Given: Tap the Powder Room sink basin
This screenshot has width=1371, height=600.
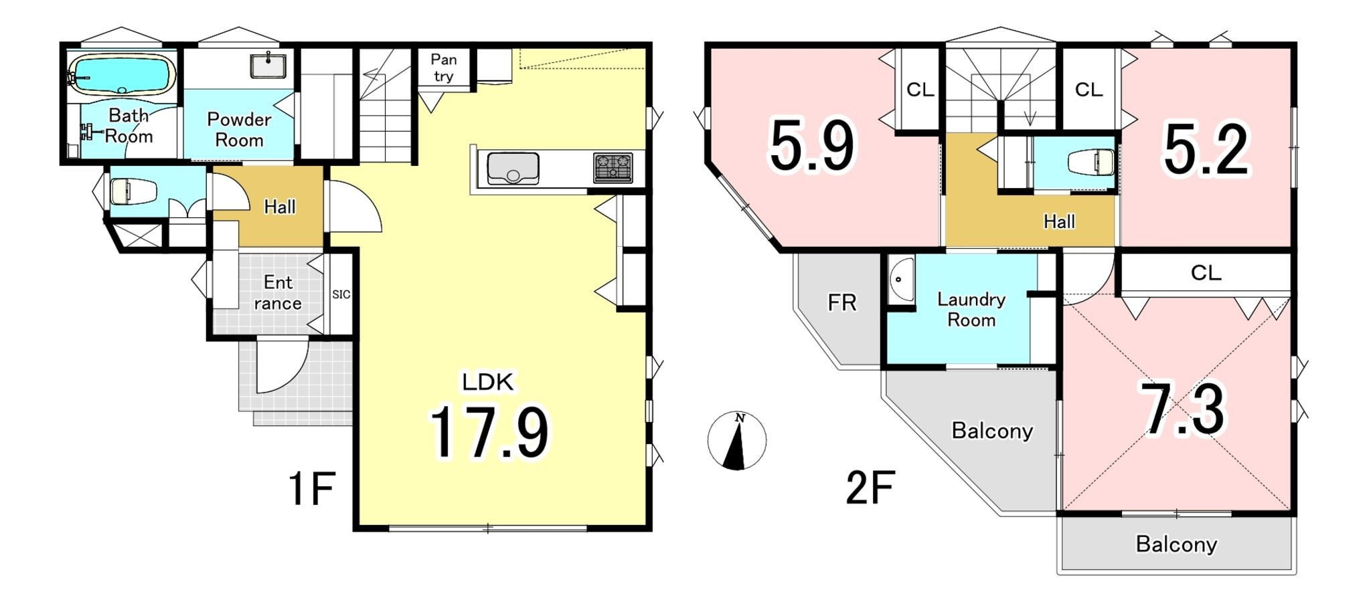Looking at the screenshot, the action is click(268, 66).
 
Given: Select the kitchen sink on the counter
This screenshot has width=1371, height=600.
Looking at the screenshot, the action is click(513, 169).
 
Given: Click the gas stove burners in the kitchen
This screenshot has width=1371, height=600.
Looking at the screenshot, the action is click(613, 168).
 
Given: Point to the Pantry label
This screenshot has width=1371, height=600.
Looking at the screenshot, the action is click(443, 68).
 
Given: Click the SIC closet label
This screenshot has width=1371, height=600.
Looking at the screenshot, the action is click(341, 294).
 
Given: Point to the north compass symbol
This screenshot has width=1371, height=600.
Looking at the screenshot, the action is click(737, 440).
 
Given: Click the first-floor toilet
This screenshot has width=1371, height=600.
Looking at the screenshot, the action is click(133, 191).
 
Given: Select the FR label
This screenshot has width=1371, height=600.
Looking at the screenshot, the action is click(842, 303).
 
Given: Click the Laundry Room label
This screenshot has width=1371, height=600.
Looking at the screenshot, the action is click(971, 309).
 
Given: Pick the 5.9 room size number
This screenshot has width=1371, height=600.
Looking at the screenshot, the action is click(813, 146).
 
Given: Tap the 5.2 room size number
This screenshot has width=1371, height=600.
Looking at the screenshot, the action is click(1206, 150).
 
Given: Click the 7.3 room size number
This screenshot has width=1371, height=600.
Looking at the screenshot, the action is click(1183, 409).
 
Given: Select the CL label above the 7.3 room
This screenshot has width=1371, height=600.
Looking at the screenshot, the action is click(1206, 273).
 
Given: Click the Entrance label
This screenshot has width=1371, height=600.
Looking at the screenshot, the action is click(278, 293).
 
